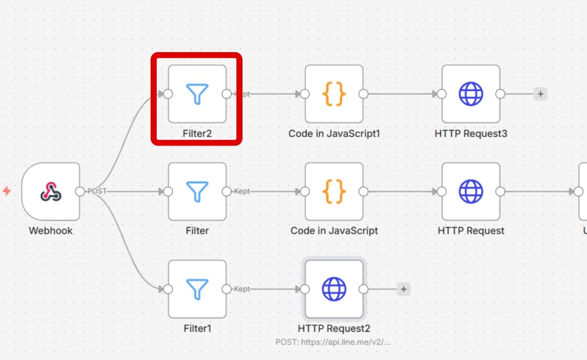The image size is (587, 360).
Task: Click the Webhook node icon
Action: (x=51, y=191)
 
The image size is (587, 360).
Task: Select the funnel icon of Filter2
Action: (x=197, y=94)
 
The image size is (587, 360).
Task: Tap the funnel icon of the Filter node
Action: (x=197, y=191)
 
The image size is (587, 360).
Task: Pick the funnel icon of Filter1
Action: (x=197, y=289)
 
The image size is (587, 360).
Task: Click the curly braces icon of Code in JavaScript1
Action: (x=334, y=94)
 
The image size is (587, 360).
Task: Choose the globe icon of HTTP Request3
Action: (x=471, y=94)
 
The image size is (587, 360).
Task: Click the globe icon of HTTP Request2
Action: (x=334, y=289)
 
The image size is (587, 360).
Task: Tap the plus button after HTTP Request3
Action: (x=540, y=94)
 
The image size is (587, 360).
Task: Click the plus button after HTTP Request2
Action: (x=404, y=289)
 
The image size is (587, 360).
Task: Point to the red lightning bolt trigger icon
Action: (x=7, y=191)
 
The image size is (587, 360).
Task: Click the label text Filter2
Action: (x=197, y=133)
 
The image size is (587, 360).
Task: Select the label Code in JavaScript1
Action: (x=334, y=133)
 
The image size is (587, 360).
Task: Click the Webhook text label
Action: (x=51, y=231)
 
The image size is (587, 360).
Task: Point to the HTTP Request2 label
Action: (x=334, y=328)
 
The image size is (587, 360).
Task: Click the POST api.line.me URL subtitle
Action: (x=333, y=342)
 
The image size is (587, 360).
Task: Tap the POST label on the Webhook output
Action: (x=97, y=191)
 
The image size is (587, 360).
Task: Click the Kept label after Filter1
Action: (x=242, y=289)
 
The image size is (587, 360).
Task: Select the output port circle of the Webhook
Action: (x=80, y=191)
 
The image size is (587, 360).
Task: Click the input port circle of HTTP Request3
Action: (x=442, y=94)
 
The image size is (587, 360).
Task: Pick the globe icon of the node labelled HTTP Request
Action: (x=471, y=191)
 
